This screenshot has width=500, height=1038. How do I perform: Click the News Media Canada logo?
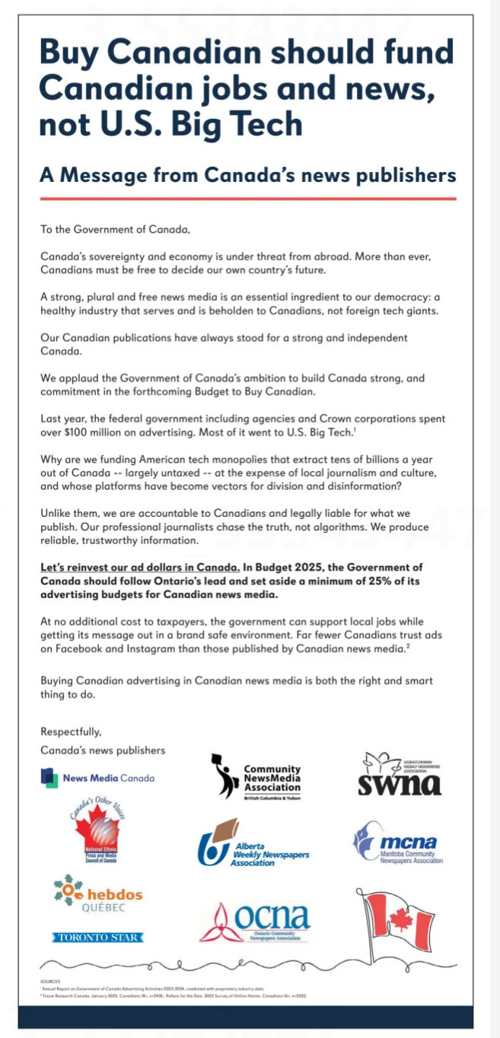tap(97, 778)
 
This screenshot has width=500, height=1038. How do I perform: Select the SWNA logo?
tap(400, 775)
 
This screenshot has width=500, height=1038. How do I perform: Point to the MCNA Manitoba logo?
tap(397, 843)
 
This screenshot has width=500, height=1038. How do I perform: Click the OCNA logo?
tap(255, 922)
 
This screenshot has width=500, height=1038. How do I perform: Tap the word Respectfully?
tap(71, 732)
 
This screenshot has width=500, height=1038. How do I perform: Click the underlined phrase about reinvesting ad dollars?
tap(140, 568)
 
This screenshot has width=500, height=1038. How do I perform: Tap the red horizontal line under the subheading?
tap(247, 199)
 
